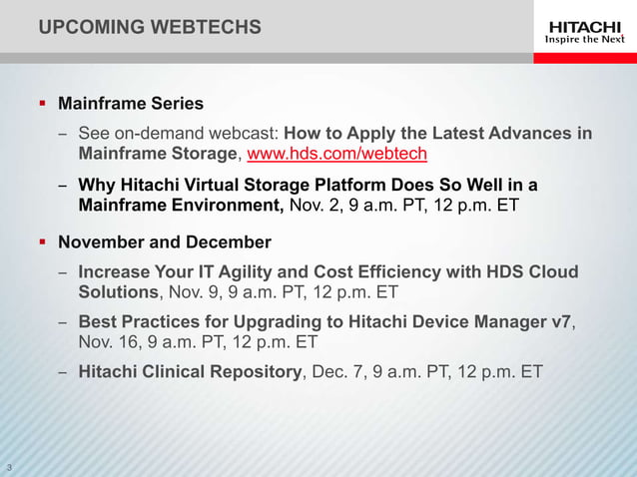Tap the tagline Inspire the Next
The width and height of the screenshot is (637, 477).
[584, 40]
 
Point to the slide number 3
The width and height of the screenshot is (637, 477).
[9, 467]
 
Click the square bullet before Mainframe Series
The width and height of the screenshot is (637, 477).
[42, 103]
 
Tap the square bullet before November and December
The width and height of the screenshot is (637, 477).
[42, 241]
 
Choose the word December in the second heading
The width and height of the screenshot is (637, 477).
[232, 241]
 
